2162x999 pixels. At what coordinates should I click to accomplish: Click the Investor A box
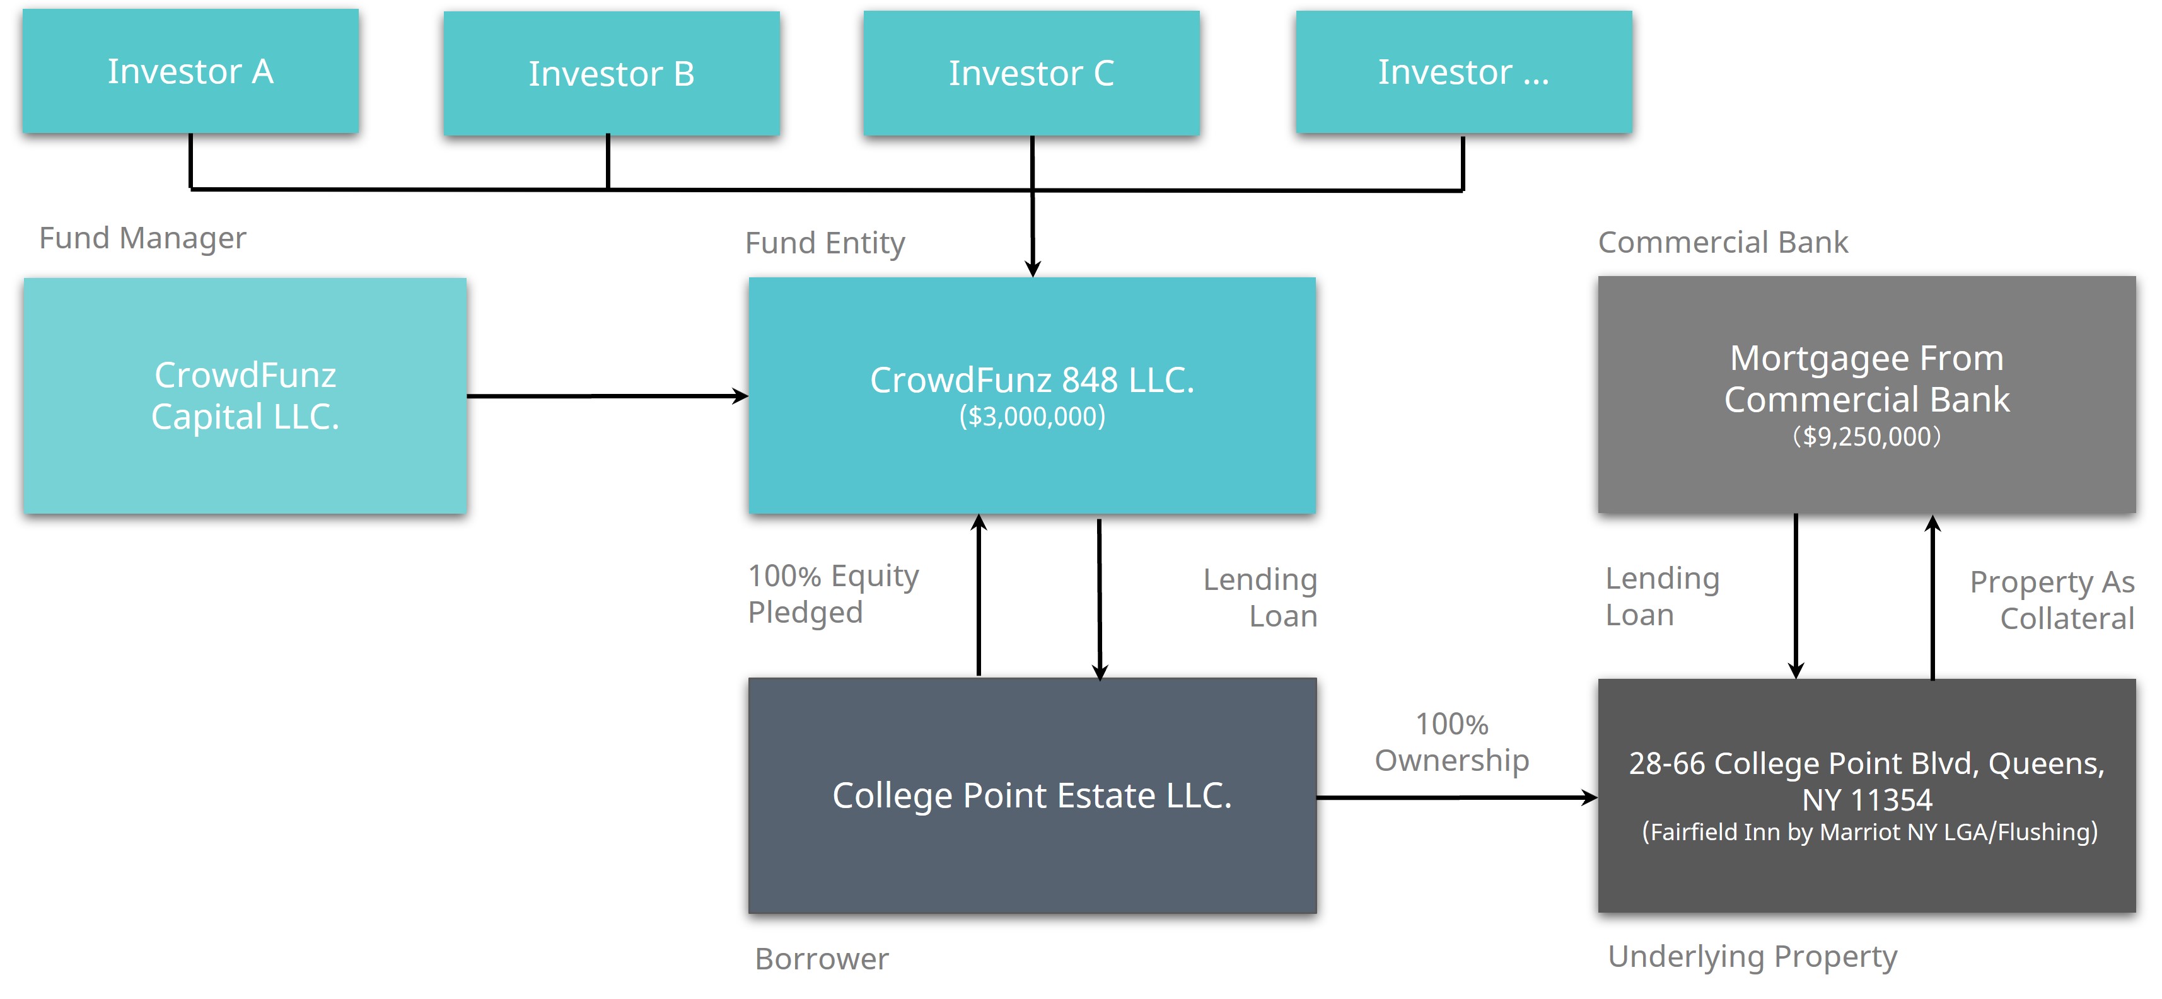(190, 71)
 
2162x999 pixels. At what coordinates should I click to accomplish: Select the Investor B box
(611, 73)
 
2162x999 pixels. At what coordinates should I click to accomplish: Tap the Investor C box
(1032, 73)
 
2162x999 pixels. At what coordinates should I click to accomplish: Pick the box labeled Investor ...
(1463, 72)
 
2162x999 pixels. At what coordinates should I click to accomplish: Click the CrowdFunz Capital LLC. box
(245, 396)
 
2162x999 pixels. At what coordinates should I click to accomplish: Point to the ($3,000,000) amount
(1032, 416)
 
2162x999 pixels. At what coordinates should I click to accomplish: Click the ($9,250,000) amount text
(1866, 436)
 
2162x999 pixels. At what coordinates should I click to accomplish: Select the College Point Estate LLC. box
(1032, 795)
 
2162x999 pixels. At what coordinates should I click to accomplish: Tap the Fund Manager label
(142, 238)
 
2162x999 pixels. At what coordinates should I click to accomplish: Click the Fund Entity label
(825, 243)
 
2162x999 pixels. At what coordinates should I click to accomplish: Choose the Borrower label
(822, 959)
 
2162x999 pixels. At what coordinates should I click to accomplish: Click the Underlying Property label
(1752, 957)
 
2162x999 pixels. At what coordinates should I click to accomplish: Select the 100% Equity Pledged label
(834, 594)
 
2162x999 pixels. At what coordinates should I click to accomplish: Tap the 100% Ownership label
(1452, 742)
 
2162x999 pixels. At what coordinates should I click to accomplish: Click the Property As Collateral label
(2052, 600)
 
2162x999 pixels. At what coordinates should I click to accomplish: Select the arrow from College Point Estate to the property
(1457, 798)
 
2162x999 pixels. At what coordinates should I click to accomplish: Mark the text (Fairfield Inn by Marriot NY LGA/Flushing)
(1869, 832)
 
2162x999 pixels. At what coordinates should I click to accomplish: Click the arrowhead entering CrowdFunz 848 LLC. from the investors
(1032, 269)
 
